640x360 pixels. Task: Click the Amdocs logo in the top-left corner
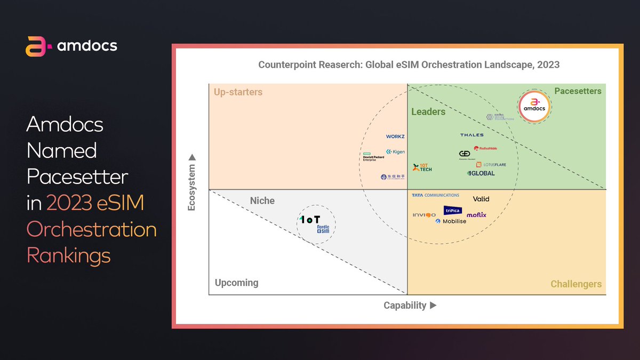[71, 46]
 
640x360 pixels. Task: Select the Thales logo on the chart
[471, 135]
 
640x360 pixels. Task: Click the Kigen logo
[396, 152]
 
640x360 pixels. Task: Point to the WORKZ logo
[395, 137]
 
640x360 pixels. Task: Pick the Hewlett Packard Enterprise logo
[373, 157]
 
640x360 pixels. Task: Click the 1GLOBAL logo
[481, 173]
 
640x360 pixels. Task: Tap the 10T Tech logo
[422, 168]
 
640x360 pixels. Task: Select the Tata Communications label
[435, 195]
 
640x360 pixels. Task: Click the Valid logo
[481, 199]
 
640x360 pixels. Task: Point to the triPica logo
[453, 211]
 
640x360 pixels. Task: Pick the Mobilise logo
[451, 221]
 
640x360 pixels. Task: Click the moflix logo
[476, 215]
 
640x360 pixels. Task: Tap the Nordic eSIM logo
[323, 229]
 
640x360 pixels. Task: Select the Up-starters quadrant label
[238, 92]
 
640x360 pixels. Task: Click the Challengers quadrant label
[576, 284]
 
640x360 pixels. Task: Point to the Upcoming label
[236, 283]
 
